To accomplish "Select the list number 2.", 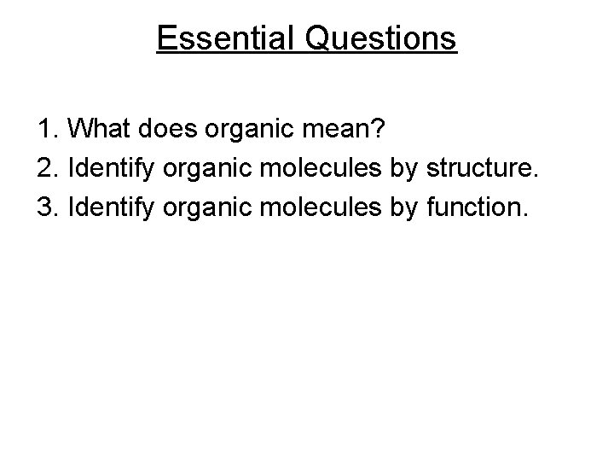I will coord(48,169).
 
